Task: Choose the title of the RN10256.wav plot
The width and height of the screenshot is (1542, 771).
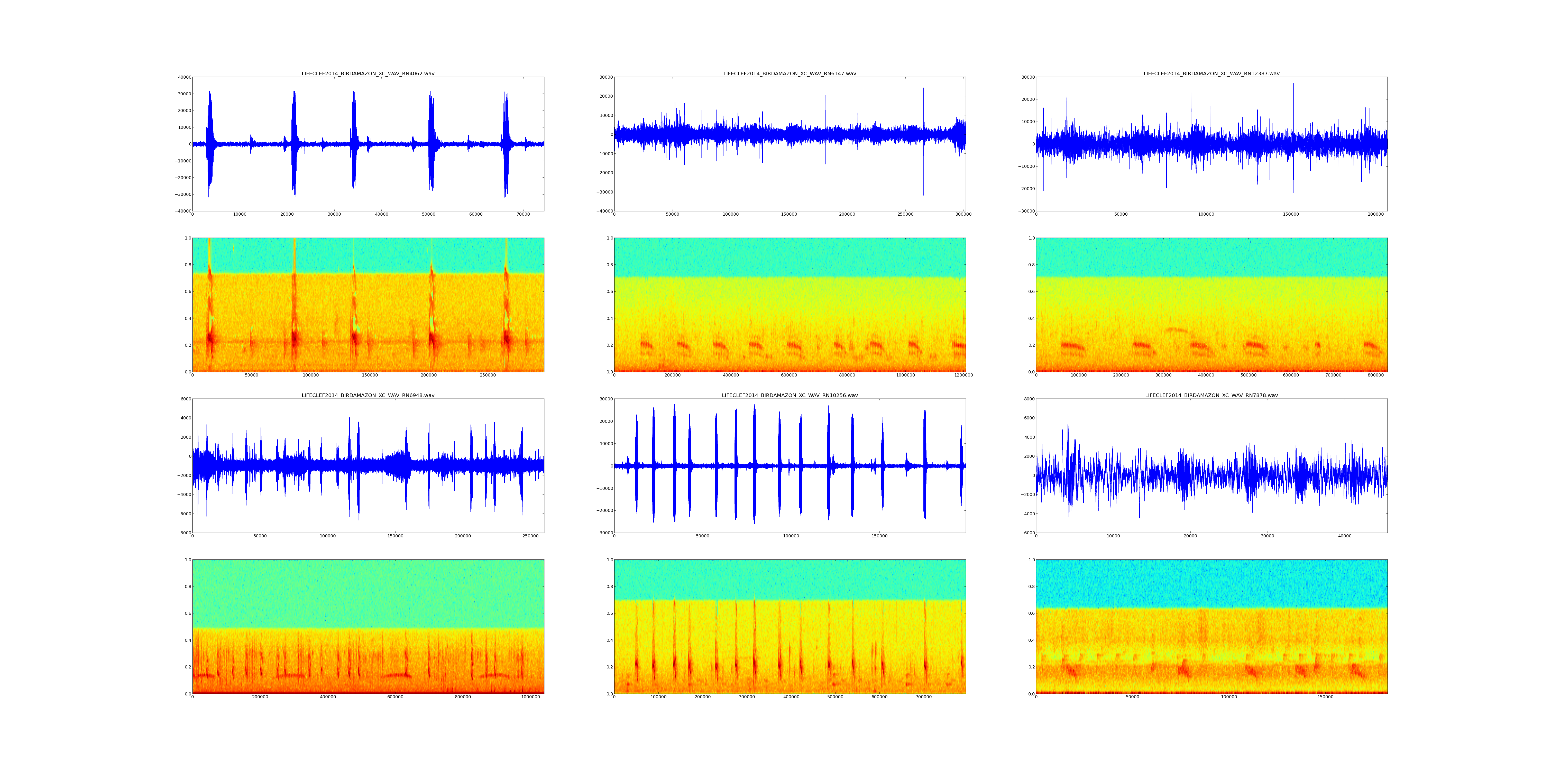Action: click(790, 395)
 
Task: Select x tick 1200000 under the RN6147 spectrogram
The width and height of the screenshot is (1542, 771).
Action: click(963, 375)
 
